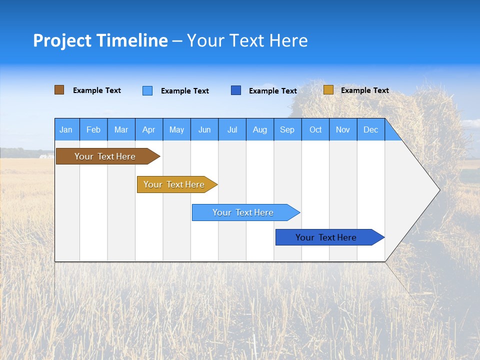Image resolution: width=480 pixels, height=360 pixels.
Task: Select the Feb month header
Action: click(x=93, y=129)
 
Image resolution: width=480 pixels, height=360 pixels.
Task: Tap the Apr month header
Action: click(x=149, y=129)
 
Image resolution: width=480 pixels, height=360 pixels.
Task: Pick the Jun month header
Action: click(x=204, y=129)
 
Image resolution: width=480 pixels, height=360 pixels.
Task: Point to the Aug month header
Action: click(x=260, y=129)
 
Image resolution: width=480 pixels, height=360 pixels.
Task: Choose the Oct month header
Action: click(x=315, y=129)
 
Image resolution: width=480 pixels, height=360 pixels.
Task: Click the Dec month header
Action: click(x=370, y=129)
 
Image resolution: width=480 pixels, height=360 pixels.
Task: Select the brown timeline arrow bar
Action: click(x=108, y=156)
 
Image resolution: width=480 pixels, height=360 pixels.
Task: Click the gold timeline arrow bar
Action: click(x=177, y=184)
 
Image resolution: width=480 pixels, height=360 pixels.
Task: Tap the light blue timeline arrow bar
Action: click(x=246, y=212)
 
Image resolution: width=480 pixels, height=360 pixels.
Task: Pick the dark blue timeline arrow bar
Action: click(x=330, y=237)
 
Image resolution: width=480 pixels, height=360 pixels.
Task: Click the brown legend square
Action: click(x=59, y=90)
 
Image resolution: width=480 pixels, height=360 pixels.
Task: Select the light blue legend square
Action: click(x=147, y=90)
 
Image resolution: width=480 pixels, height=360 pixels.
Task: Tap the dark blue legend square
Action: click(x=235, y=90)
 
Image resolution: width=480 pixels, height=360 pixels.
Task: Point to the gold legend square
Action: click(x=328, y=89)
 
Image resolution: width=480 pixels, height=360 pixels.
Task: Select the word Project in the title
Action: click(x=62, y=41)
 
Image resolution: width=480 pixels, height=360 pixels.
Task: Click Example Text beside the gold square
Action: click(x=365, y=90)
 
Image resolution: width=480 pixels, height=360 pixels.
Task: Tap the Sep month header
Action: click(x=287, y=129)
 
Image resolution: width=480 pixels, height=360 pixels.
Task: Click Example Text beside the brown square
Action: click(x=96, y=90)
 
